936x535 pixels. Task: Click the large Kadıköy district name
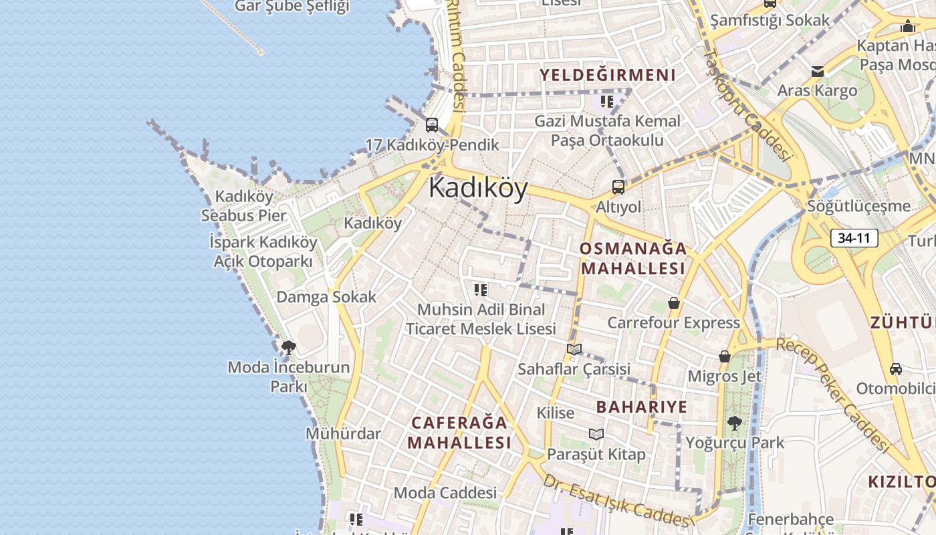pos(478,188)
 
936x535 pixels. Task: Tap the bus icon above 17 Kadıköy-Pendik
pos(432,125)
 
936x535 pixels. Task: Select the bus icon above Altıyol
pos(618,187)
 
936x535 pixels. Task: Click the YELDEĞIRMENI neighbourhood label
pos(607,75)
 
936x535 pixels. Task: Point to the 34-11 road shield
pos(855,237)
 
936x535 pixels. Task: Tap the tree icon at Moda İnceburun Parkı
pos(289,347)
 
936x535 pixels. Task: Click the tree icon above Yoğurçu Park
pos(734,423)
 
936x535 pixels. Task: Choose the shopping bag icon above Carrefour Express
pos(674,303)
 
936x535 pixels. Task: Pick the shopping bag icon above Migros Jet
pos(724,356)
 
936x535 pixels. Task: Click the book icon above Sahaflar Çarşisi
pos(574,348)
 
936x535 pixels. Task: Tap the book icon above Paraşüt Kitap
pos(596,434)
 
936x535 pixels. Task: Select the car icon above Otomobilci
pos(895,368)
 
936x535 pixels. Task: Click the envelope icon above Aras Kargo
pos(817,72)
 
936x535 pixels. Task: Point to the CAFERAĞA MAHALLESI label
pos(459,433)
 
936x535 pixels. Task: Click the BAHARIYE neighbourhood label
pos(641,407)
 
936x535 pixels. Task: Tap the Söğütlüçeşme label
pos(858,205)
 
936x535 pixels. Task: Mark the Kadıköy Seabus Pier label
pos(244,206)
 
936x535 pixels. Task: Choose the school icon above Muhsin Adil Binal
pos(481,290)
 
